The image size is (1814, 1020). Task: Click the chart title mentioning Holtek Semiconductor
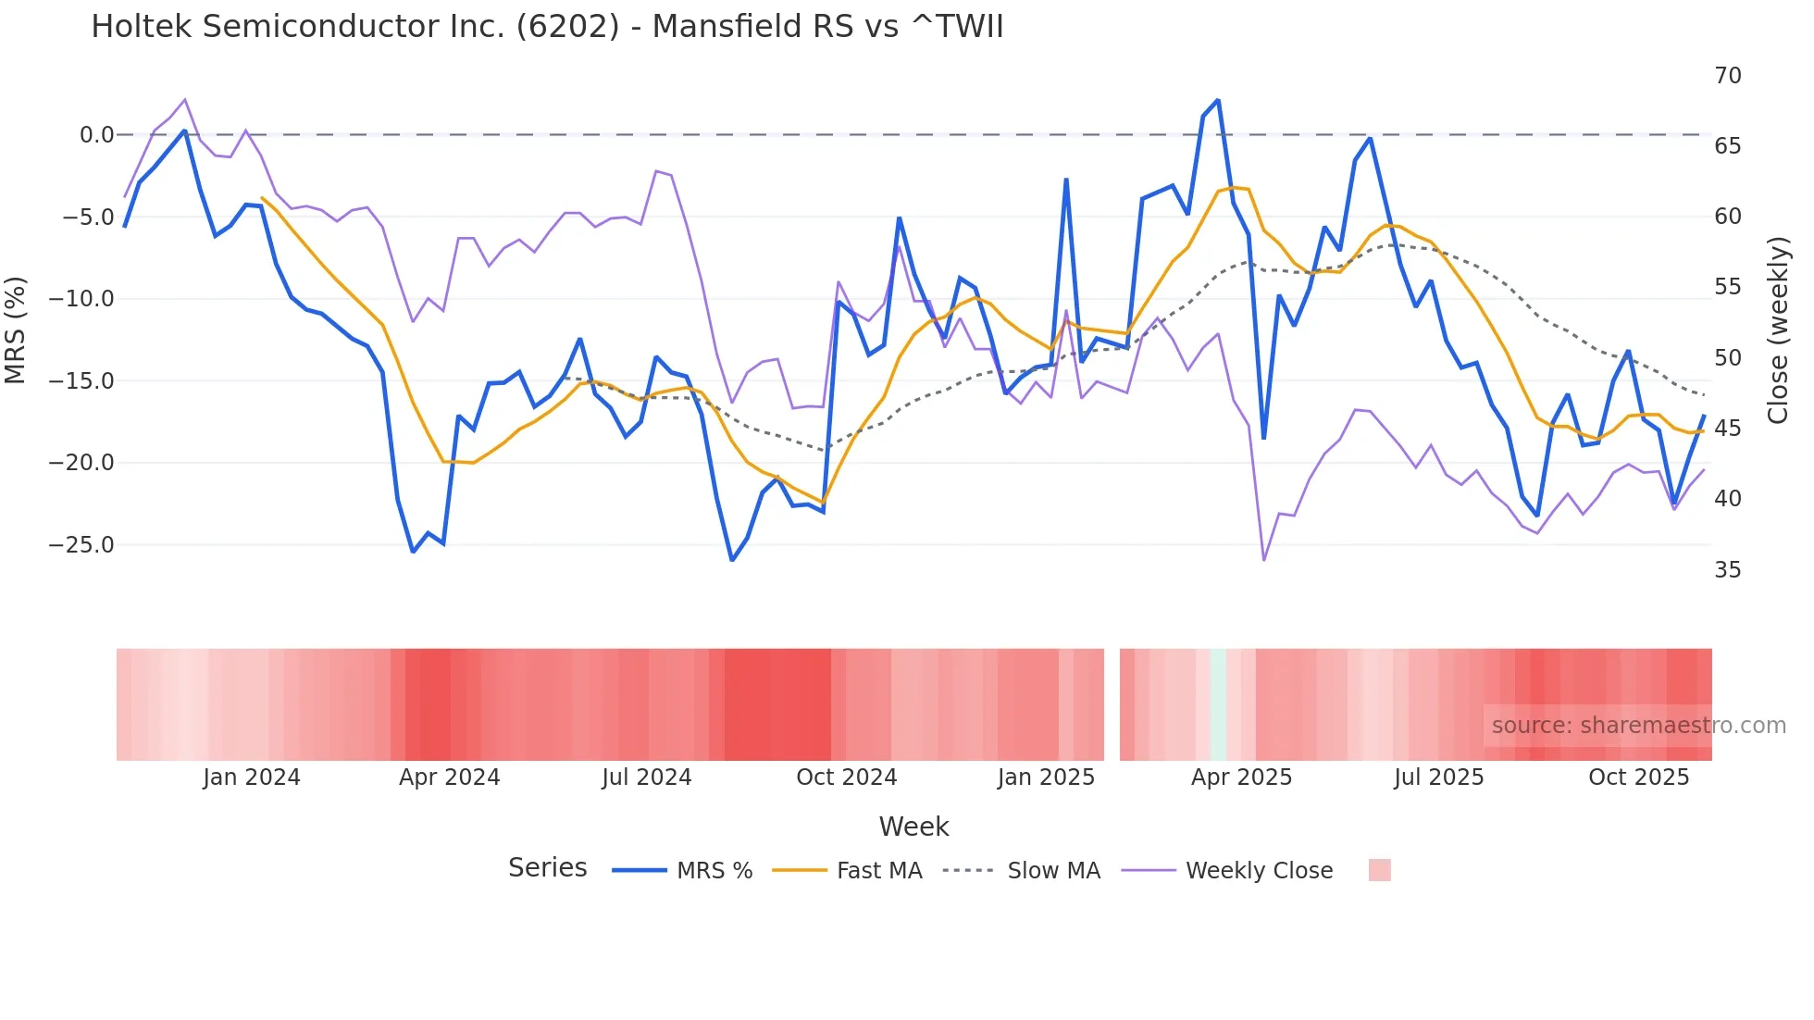(547, 27)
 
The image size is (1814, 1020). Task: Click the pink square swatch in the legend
(1379, 870)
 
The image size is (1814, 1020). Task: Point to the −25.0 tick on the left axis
(81, 545)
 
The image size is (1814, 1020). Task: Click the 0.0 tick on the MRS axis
(96, 135)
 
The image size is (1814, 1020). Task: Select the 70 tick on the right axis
(1727, 76)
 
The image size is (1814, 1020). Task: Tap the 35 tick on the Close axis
(1727, 570)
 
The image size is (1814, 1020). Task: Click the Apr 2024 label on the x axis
(449, 777)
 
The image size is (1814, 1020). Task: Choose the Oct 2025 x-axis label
(1638, 777)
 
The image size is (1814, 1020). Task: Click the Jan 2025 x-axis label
(1046, 777)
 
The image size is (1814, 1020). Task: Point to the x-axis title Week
(913, 827)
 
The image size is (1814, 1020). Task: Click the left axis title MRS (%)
(16, 330)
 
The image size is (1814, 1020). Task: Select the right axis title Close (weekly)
(1777, 330)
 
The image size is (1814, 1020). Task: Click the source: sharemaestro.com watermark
(1638, 726)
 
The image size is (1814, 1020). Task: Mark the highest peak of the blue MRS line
(1218, 100)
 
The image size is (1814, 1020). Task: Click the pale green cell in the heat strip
(1218, 704)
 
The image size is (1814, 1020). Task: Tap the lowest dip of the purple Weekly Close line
(1264, 560)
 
